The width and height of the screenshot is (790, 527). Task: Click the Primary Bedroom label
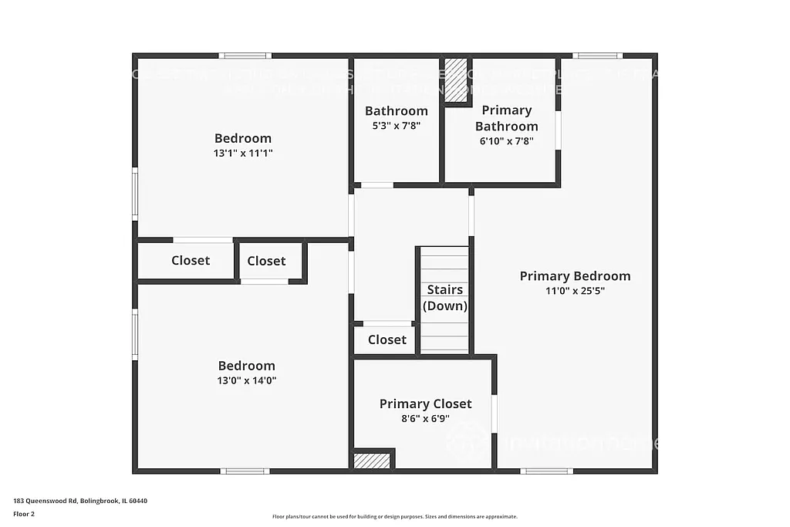coord(575,276)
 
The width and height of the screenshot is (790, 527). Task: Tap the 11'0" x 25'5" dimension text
coord(575,291)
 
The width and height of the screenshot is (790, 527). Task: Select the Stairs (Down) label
coord(445,297)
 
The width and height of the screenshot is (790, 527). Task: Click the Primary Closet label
coord(425,404)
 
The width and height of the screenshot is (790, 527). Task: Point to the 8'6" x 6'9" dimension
coord(425,419)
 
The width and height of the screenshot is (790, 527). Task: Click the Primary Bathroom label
coord(506,118)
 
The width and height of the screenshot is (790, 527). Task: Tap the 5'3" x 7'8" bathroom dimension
coord(396,126)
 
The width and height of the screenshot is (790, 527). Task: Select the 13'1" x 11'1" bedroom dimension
coord(243,153)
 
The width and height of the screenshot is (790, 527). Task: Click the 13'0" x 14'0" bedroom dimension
coord(246,380)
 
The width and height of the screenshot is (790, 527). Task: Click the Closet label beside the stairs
coord(387,340)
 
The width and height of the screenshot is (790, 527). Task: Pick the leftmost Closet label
coord(191,261)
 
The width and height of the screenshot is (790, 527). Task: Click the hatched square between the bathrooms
coord(456,79)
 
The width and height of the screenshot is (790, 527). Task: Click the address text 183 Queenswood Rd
coord(80,501)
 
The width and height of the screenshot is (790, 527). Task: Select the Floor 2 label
coord(24,513)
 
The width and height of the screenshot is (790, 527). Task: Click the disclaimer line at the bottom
coord(394,517)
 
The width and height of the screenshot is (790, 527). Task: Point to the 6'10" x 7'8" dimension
coord(506,140)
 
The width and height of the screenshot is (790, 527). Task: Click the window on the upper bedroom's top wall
coord(245,56)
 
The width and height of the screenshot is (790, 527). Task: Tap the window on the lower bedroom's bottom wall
coord(245,471)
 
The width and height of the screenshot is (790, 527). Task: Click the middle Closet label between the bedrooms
coord(266,261)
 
